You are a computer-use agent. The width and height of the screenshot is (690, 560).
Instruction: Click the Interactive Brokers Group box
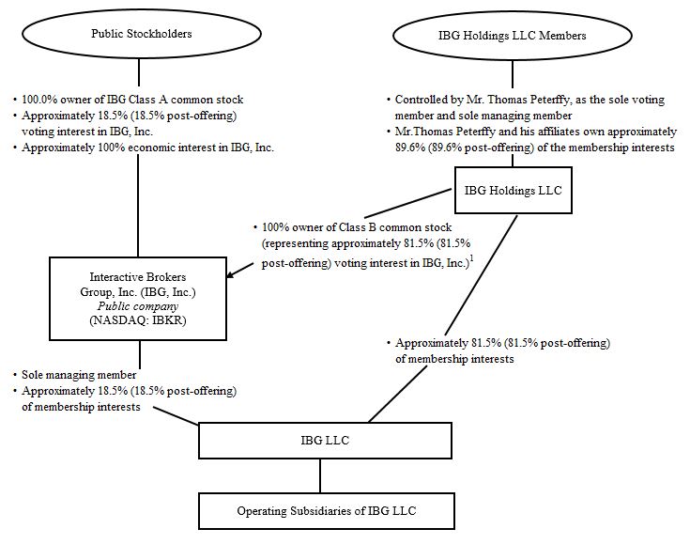pyautogui.click(x=139, y=298)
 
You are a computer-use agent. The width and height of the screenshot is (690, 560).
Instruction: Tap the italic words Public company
pyautogui.click(x=139, y=305)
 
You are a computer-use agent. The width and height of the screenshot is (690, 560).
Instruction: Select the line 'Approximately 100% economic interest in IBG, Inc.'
pyautogui.click(x=146, y=148)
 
